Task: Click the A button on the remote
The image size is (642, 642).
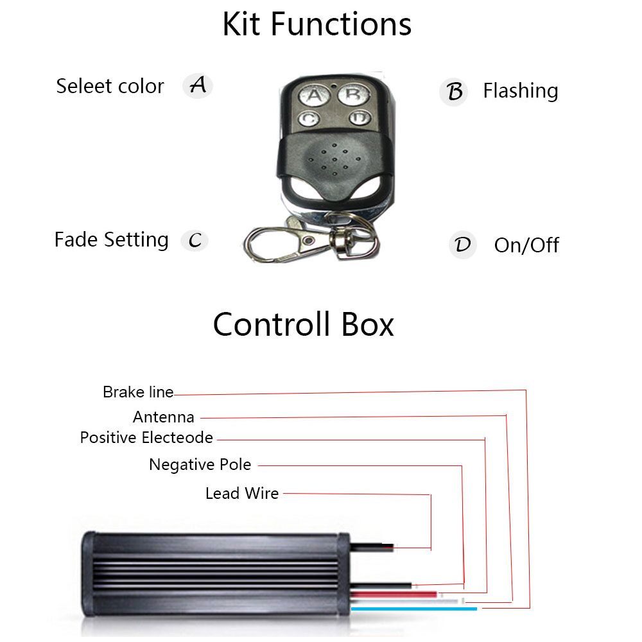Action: tap(313, 96)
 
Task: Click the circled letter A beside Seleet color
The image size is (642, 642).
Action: tap(198, 85)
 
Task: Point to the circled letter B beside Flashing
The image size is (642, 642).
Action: tap(454, 92)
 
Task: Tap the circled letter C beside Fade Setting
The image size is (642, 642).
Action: tap(195, 240)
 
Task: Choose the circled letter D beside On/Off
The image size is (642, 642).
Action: tap(462, 245)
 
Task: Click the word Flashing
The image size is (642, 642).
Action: tap(520, 91)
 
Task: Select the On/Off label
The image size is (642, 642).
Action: tap(526, 245)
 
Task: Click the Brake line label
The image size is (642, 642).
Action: tap(138, 392)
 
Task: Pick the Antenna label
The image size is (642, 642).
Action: tap(164, 417)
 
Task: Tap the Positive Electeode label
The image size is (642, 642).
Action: tap(146, 438)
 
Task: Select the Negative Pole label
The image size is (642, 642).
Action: tap(200, 464)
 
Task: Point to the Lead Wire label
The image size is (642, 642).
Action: tap(242, 494)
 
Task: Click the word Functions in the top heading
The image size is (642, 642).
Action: tap(340, 24)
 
